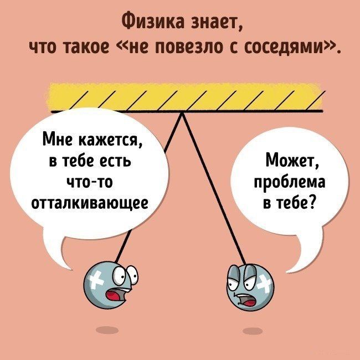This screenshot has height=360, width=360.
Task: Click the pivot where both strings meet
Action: [x=181, y=112]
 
